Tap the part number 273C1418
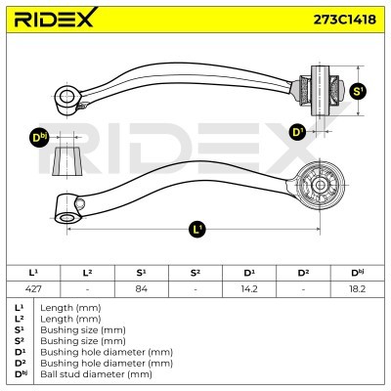coord(344,20)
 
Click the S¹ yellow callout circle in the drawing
coord(358,91)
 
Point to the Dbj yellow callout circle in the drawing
coord(39,138)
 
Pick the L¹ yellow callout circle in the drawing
coord(197,230)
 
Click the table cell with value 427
coord(33,289)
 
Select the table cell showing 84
coord(142,289)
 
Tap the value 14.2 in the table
coord(249,289)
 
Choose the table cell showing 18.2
coord(358,289)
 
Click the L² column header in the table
coord(87,273)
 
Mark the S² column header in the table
coord(195,273)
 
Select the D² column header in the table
coord(303,273)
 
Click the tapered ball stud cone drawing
coord(67,161)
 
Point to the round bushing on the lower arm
coord(320,185)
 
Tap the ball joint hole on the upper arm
coord(66,97)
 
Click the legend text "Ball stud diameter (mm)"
coord(96,374)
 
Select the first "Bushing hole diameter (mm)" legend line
coord(107,352)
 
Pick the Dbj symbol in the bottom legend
coord(20,373)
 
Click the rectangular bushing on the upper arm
coord(320,91)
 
